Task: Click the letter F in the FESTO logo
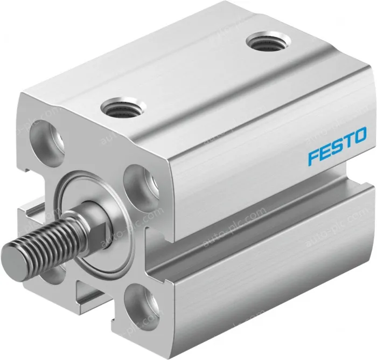[x=314, y=158]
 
